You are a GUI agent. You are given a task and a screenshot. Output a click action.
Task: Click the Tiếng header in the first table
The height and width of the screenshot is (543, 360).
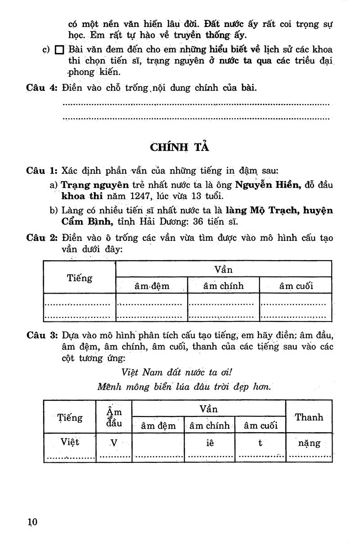[x=80, y=278]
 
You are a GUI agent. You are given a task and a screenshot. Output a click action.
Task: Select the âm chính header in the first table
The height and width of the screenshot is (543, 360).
[x=223, y=285]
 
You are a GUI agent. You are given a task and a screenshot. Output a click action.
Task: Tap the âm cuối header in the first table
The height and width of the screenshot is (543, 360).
[x=295, y=285]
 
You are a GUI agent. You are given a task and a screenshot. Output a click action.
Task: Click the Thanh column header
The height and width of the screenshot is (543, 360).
[x=309, y=417]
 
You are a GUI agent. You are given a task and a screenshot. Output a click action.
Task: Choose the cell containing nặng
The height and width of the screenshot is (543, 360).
[x=309, y=443]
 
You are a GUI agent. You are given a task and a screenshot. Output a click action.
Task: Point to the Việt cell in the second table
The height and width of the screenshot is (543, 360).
[x=70, y=442]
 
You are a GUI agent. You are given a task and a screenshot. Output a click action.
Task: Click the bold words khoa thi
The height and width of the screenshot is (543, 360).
[x=82, y=196]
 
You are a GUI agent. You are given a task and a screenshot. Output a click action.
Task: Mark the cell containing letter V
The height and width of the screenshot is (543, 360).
[x=114, y=443]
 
